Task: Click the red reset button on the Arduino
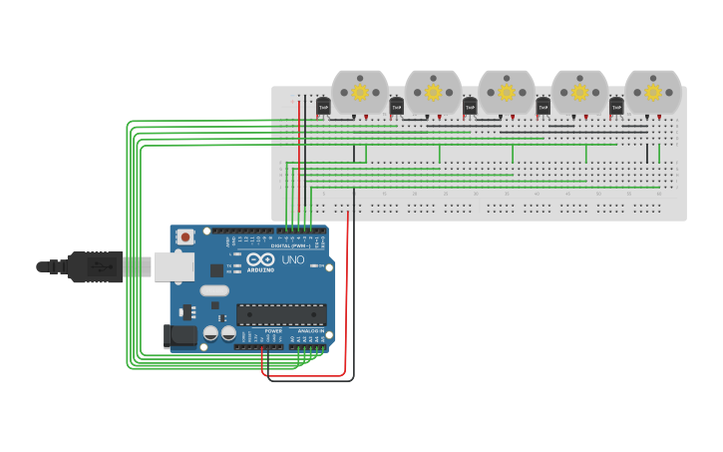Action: tap(185, 236)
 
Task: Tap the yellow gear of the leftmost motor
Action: tap(360, 92)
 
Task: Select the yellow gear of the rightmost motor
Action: tap(653, 92)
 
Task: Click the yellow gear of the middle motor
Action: tap(507, 92)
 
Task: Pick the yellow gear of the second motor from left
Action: tap(433, 92)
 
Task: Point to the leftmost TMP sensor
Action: tap(323, 106)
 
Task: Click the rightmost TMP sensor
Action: tap(616, 106)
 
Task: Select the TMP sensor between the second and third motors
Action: tap(470, 106)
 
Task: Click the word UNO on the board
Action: tap(293, 259)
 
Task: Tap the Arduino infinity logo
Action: tap(261, 259)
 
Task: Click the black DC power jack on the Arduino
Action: tap(181, 336)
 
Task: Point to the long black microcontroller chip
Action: tap(281, 314)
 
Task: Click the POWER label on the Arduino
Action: tap(259, 330)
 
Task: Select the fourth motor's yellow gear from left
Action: tap(579, 92)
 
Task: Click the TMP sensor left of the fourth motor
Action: tap(543, 106)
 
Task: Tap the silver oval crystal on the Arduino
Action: tap(213, 291)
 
